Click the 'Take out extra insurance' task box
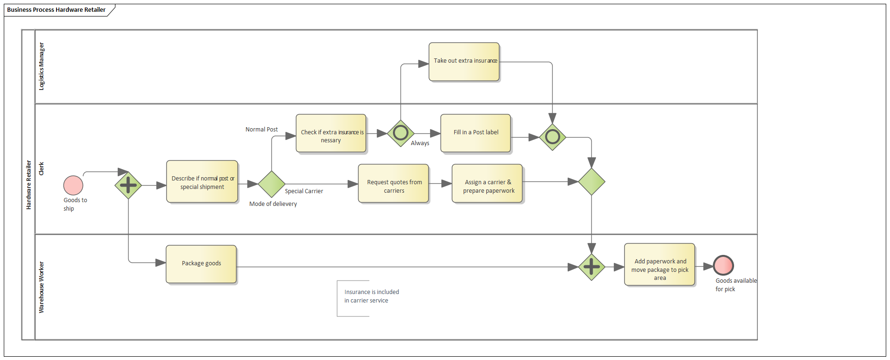pos(464,62)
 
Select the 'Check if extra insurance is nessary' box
pos(331,133)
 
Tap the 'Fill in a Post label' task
pos(475,133)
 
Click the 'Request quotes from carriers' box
pos(393,184)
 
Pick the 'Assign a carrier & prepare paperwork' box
pos(487,184)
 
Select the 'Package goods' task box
pos(201,264)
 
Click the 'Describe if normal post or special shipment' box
pos(202,182)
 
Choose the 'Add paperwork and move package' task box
pos(659,264)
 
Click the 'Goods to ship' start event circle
pos(73,185)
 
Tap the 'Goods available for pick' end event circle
pos(723,265)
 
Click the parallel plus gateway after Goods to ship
pos(128,185)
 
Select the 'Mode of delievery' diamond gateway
pos(271,184)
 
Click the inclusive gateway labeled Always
pos(400,133)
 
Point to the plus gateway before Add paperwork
pos(591,267)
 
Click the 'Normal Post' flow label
pos(261,130)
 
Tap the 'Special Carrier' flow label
pos(304,191)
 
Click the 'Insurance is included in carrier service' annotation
pos(371,296)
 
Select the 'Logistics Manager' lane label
pos(41,66)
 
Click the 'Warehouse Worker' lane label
pos(41,287)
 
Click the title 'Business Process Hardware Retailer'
pos(56,10)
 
